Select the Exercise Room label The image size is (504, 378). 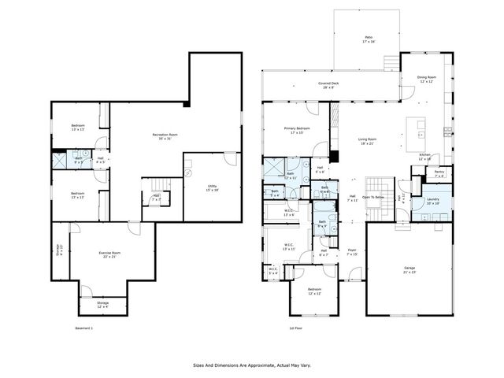[x=109, y=253]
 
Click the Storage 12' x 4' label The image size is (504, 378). [x=103, y=303]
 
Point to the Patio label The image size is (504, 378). [x=368, y=38]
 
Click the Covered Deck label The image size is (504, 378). [x=328, y=83]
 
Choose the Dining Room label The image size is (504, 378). [x=426, y=78]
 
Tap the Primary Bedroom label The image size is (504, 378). [x=297, y=129]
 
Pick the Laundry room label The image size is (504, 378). [x=433, y=200]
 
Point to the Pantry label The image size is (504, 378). [x=439, y=172]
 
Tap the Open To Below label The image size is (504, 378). [x=373, y=197]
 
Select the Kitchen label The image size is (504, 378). [x=424, y=155]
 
